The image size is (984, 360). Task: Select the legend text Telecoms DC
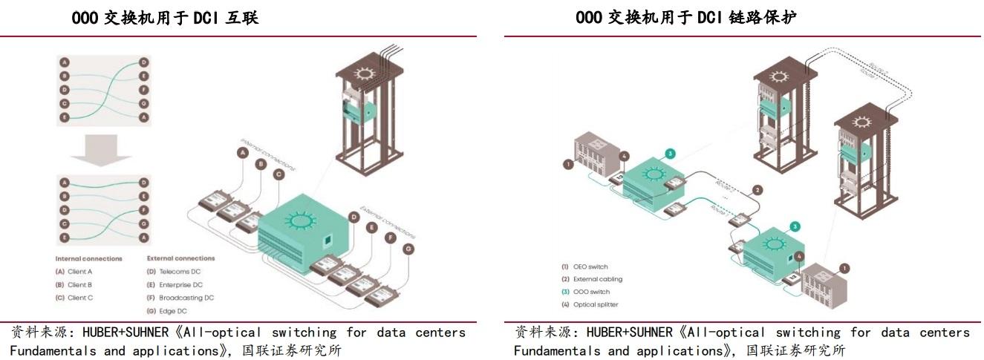(x=180, y=272)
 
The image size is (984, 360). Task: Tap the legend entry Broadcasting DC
(x=186, y=298)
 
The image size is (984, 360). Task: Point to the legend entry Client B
(x=79, y=285)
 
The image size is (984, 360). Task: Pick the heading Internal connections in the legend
(x=88, y=258)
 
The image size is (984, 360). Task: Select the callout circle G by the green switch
(x=408, y=249)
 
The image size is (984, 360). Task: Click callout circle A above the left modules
(x=242, y=153)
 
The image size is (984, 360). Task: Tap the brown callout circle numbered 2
(x=757, y=190)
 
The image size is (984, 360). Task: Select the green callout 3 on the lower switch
(x=795, y=226)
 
